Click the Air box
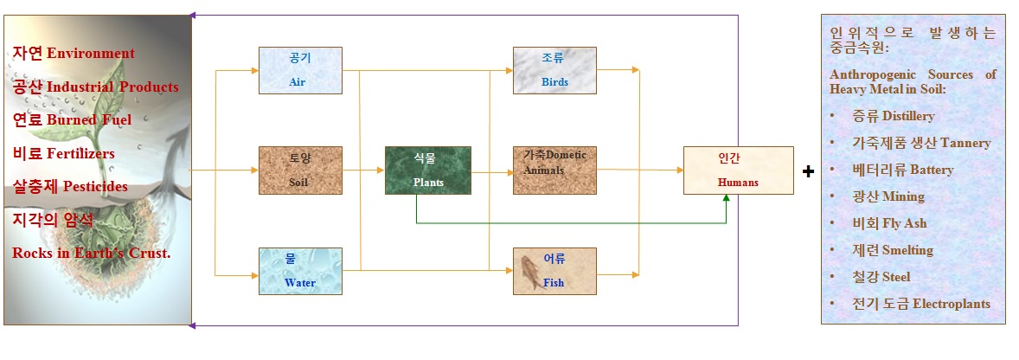pos(300,70)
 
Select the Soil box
pos(300,170)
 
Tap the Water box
pos(300,271)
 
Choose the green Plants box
pos(428,170)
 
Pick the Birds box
pos(554,70)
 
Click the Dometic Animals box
pos(554,170)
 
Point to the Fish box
pos(554,271)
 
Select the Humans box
pos(738,170)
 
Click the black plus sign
pos(808,171)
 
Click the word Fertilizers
pos(80,153)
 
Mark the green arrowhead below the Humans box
pos(727,199)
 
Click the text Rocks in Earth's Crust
pos(91,254)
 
